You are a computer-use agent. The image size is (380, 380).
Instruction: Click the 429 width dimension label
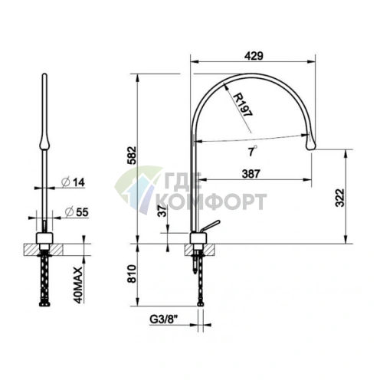(x=254, y=56)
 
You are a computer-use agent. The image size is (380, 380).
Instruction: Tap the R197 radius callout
(x=243, y=105)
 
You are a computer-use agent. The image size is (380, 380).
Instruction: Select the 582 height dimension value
(x=133, y=156)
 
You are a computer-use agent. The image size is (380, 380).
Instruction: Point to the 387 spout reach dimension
(x=251, y=174)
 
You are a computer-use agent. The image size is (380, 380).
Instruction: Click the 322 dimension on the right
(x=340, y=198)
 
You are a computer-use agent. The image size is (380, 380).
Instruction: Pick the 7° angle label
(x=252, y=151)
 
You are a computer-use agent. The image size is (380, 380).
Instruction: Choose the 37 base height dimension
(x=162, y=211)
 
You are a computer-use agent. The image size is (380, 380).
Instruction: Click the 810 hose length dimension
(x=132, y=274)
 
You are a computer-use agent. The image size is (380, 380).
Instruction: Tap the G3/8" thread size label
(x=163, y=319)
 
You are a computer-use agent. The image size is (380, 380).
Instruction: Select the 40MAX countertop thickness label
(x=78, y=285)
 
